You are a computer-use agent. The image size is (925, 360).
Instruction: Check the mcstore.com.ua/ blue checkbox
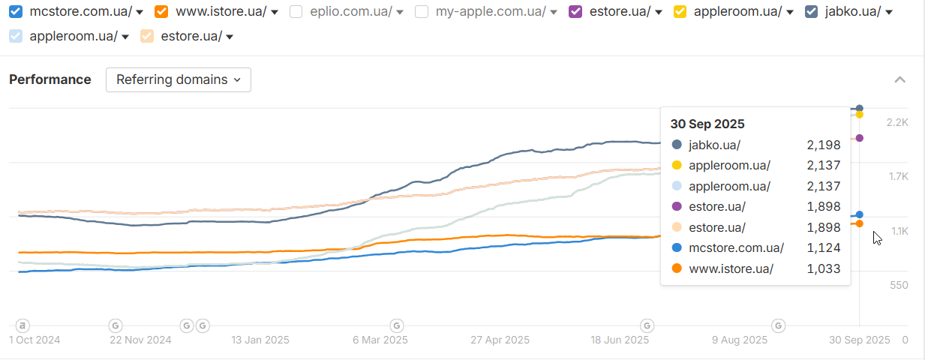click(x=16, y=11)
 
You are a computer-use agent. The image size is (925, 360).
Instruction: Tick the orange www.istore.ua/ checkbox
click(x=161, y=11)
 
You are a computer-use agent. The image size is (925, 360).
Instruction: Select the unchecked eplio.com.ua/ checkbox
click(x=296, y=11)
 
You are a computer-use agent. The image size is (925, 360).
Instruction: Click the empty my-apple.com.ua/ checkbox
click(x=422, y=11)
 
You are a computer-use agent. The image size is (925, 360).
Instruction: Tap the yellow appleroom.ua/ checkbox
click(x=680, y=11)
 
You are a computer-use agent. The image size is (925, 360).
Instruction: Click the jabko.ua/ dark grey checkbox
click(x=811, y=11)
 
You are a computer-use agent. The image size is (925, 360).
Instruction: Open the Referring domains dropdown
click(x=179, y=79)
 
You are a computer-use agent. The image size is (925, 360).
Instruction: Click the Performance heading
click(x=50, y=79)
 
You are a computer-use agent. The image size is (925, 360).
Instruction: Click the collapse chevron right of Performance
click(x=900, y=79)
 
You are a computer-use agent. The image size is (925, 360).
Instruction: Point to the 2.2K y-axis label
click(x=898, y=122)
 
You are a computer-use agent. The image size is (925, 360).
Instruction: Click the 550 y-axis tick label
click(x=899, y=285)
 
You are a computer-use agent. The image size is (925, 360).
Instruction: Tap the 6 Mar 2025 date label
click(x=380, y=340)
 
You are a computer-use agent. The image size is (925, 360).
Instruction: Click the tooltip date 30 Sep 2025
click(x=707, y=124)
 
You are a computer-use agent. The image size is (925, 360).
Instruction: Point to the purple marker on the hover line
click(x=860, y=138)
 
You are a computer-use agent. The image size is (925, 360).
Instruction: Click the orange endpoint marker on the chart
click(x=860, y=223)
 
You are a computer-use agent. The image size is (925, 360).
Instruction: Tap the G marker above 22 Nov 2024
click(x=116, y=325)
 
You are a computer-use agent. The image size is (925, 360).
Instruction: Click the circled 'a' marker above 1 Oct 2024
click(x=23, y=325)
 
